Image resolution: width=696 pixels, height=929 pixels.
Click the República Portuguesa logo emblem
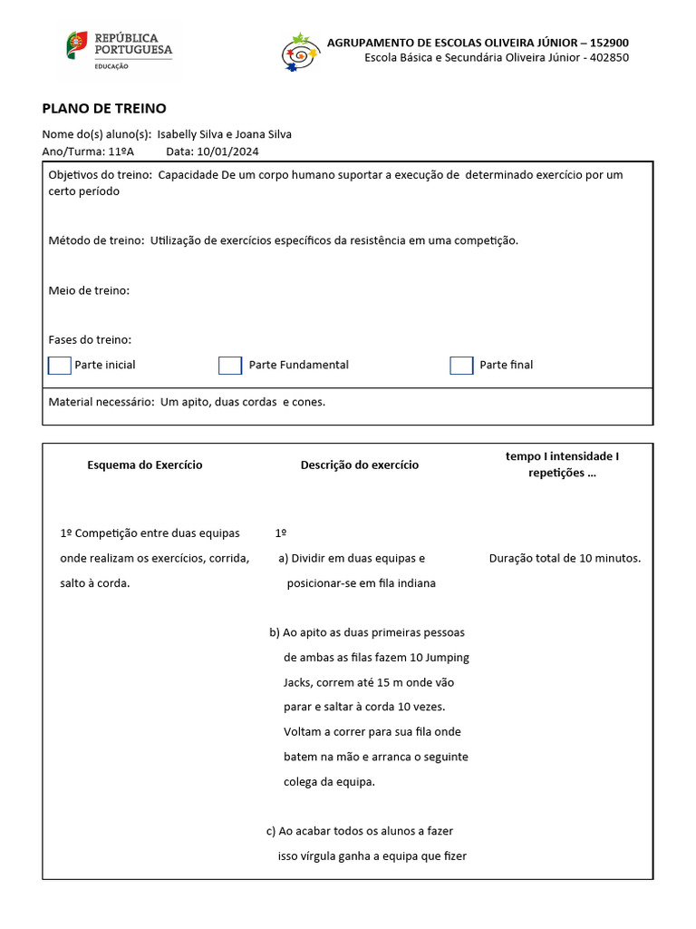tap(77, 45)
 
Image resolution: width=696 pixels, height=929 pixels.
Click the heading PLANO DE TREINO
tap(104, 108)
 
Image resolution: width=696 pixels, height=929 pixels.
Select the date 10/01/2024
tap(227, 152)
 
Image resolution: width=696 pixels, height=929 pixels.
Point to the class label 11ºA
tap(121, 152)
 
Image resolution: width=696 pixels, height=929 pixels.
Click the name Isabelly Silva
tap(191, 134)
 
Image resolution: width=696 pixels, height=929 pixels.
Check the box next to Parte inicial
tap(59, 365)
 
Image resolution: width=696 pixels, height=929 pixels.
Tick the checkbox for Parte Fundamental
tap(230, 365)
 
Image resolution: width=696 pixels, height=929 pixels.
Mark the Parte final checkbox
tap(461, 365)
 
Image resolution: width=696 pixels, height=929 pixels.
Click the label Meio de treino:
tap(89, 290)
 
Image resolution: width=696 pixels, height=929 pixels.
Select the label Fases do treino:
tap(90, 339)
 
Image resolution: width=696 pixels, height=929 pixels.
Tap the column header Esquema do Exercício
tap(145, 464)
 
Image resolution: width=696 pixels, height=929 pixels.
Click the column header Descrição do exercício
tap(360, 464)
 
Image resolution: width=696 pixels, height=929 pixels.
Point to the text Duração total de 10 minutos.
tap(565, 558)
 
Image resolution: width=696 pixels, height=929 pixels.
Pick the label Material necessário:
tap(101, 402)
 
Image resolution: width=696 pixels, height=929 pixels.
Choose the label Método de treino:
tap(96, 240)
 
